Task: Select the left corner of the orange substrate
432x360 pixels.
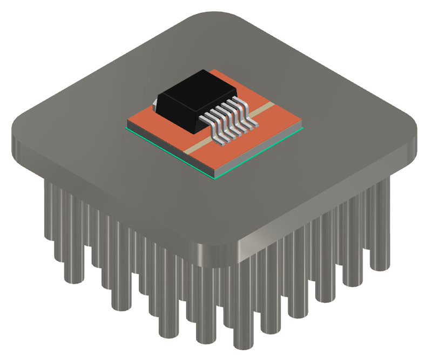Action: (x=127, y=128)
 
